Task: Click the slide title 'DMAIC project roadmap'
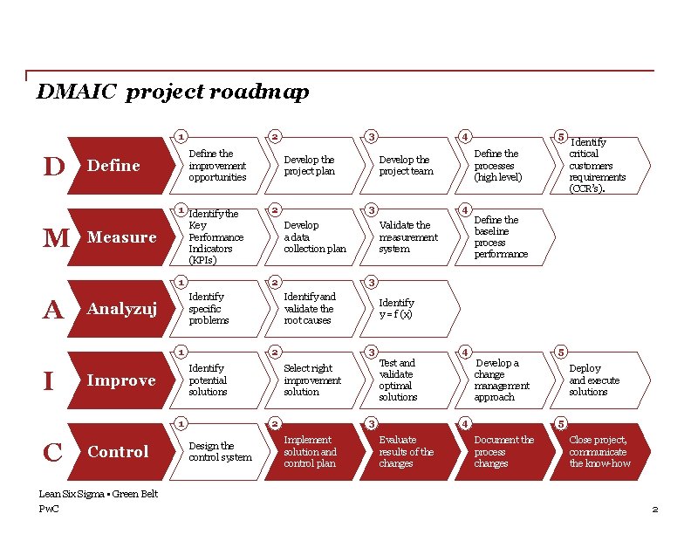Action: pos(172,92)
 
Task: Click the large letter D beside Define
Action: pos(54,166)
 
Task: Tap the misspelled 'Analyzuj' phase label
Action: pos(121,309)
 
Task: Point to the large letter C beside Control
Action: pos(52,453)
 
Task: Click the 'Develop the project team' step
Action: pos(406,166)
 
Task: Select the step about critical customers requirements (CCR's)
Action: pos(597,166)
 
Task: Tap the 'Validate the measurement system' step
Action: pos(407,237)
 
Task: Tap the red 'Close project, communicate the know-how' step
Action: pos(599,452)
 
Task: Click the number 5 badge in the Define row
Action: pos(562,136)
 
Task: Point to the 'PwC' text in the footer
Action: pos(49,509)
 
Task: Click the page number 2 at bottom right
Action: pos(654,509)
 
